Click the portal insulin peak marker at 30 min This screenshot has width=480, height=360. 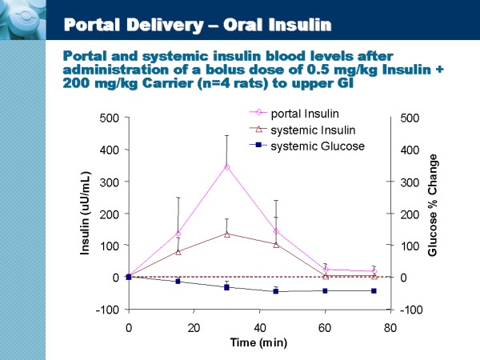(227, 166)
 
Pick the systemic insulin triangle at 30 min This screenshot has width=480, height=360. (227, 234)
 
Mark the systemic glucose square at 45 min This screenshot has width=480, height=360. (276, 291)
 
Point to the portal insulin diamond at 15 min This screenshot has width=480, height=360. (178, 234)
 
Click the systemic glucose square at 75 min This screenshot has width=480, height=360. (374, 290)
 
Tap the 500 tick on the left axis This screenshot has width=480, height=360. (110, 118)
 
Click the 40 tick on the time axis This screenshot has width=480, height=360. (259, 328)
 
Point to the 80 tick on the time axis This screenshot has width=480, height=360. (390, 328)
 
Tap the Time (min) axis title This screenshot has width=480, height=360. (259, 342)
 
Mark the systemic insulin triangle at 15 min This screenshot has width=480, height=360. (178, 251)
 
